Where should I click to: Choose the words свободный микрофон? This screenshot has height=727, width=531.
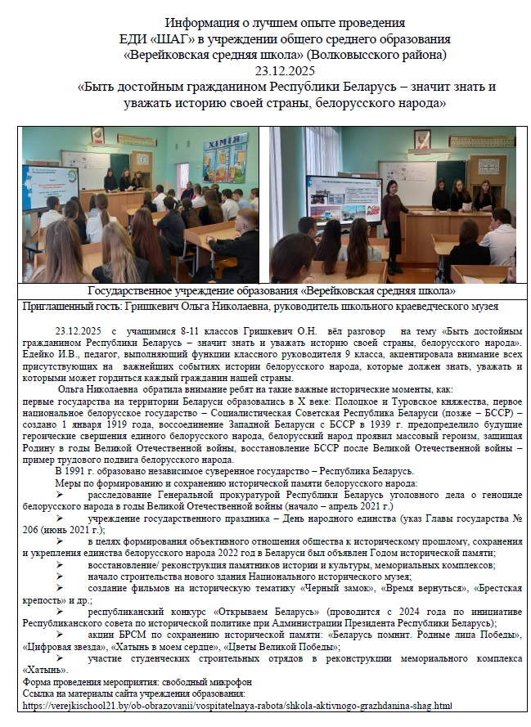196,681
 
